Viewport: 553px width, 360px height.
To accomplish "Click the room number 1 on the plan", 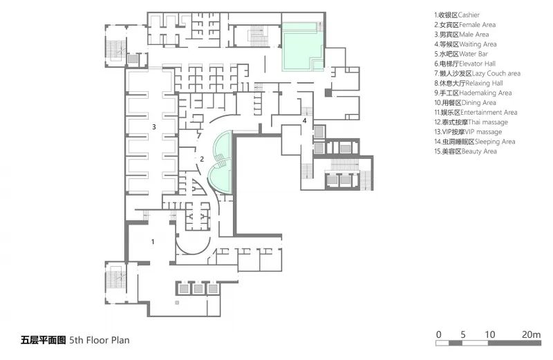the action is click(x=153, y=242).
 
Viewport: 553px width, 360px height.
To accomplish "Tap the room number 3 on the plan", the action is click(x=153, y=127).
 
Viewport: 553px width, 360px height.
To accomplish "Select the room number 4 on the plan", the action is click(x=304, y=121).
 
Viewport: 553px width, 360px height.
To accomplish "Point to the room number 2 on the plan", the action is click(x=202, y=159).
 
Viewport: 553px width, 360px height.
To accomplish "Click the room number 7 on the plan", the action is click(x=199, y=135).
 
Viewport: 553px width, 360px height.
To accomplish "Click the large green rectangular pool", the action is click(x=303, y=46).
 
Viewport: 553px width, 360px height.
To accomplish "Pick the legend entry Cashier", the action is click(x=457, y=15).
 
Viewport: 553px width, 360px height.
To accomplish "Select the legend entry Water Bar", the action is click(x=461, y=54).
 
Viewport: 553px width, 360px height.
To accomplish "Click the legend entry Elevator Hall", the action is click(x=465, y=64).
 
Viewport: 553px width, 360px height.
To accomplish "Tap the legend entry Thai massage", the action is click(x=471, y=122).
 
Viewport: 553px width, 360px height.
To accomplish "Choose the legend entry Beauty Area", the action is click(x=465, y=151).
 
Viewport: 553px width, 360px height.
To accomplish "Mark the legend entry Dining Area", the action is click(x=465, y=103).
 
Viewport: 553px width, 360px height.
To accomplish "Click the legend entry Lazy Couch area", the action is click(x=477, y=74).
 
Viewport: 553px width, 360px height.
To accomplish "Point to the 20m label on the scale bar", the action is click(x=531, y=334).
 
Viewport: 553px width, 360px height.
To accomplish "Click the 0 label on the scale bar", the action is click(x=438, y=334).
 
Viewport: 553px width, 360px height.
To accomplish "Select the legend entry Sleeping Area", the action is click(x=475, y=142).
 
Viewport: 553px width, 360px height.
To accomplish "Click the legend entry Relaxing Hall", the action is click(x=469, y=83).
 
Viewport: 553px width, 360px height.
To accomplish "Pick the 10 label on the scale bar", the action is click(x=490, y=334).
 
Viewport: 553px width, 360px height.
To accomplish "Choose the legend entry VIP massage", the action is click(x=468, y=132).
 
